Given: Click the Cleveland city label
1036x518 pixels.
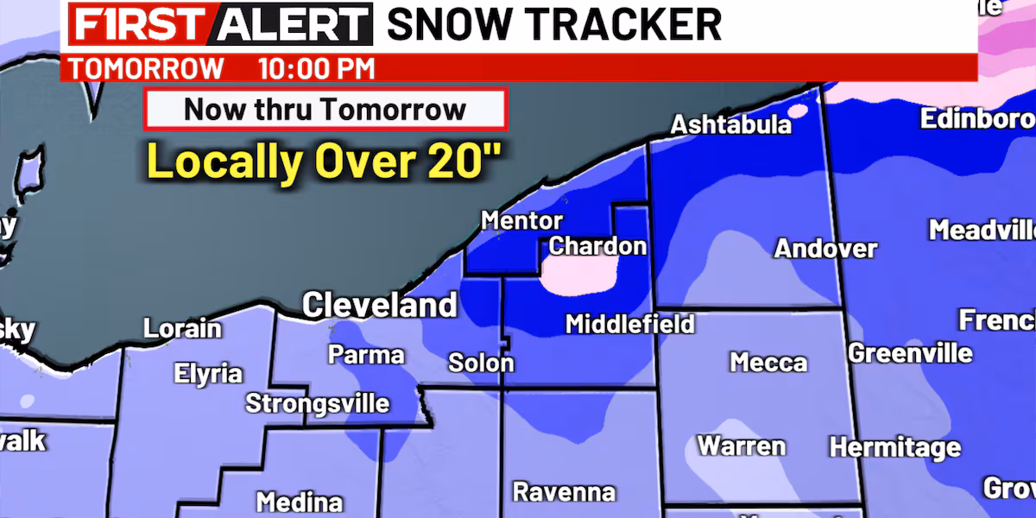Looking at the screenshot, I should [379, 305].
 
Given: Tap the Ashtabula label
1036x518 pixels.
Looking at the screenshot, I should [731, 125].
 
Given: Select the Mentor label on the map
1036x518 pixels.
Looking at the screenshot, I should [521, 221].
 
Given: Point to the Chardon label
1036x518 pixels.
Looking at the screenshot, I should [597, 247].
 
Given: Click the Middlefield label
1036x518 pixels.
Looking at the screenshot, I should [629, 325].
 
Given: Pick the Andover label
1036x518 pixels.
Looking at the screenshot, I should [825, 250].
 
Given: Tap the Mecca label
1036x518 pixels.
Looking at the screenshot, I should [768, 362].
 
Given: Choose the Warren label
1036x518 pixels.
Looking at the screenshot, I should [742, 446].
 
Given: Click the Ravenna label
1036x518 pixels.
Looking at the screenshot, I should [564, 492].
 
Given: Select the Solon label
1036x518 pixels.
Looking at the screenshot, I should [481, 363].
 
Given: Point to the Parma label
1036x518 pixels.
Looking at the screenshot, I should [366, 355].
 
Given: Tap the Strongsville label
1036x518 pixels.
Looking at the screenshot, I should [317, 403].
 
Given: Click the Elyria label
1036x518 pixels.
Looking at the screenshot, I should [207, 375].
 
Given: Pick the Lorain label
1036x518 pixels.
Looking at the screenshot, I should [182, 329].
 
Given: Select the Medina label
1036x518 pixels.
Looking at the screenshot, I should [300, 502].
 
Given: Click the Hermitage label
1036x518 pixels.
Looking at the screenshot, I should [894, 448].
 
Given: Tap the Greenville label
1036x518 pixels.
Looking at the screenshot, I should [910, 353].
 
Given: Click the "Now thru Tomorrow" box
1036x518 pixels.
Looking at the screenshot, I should [325, 110].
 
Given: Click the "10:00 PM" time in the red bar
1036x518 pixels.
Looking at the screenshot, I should [316, 68].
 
